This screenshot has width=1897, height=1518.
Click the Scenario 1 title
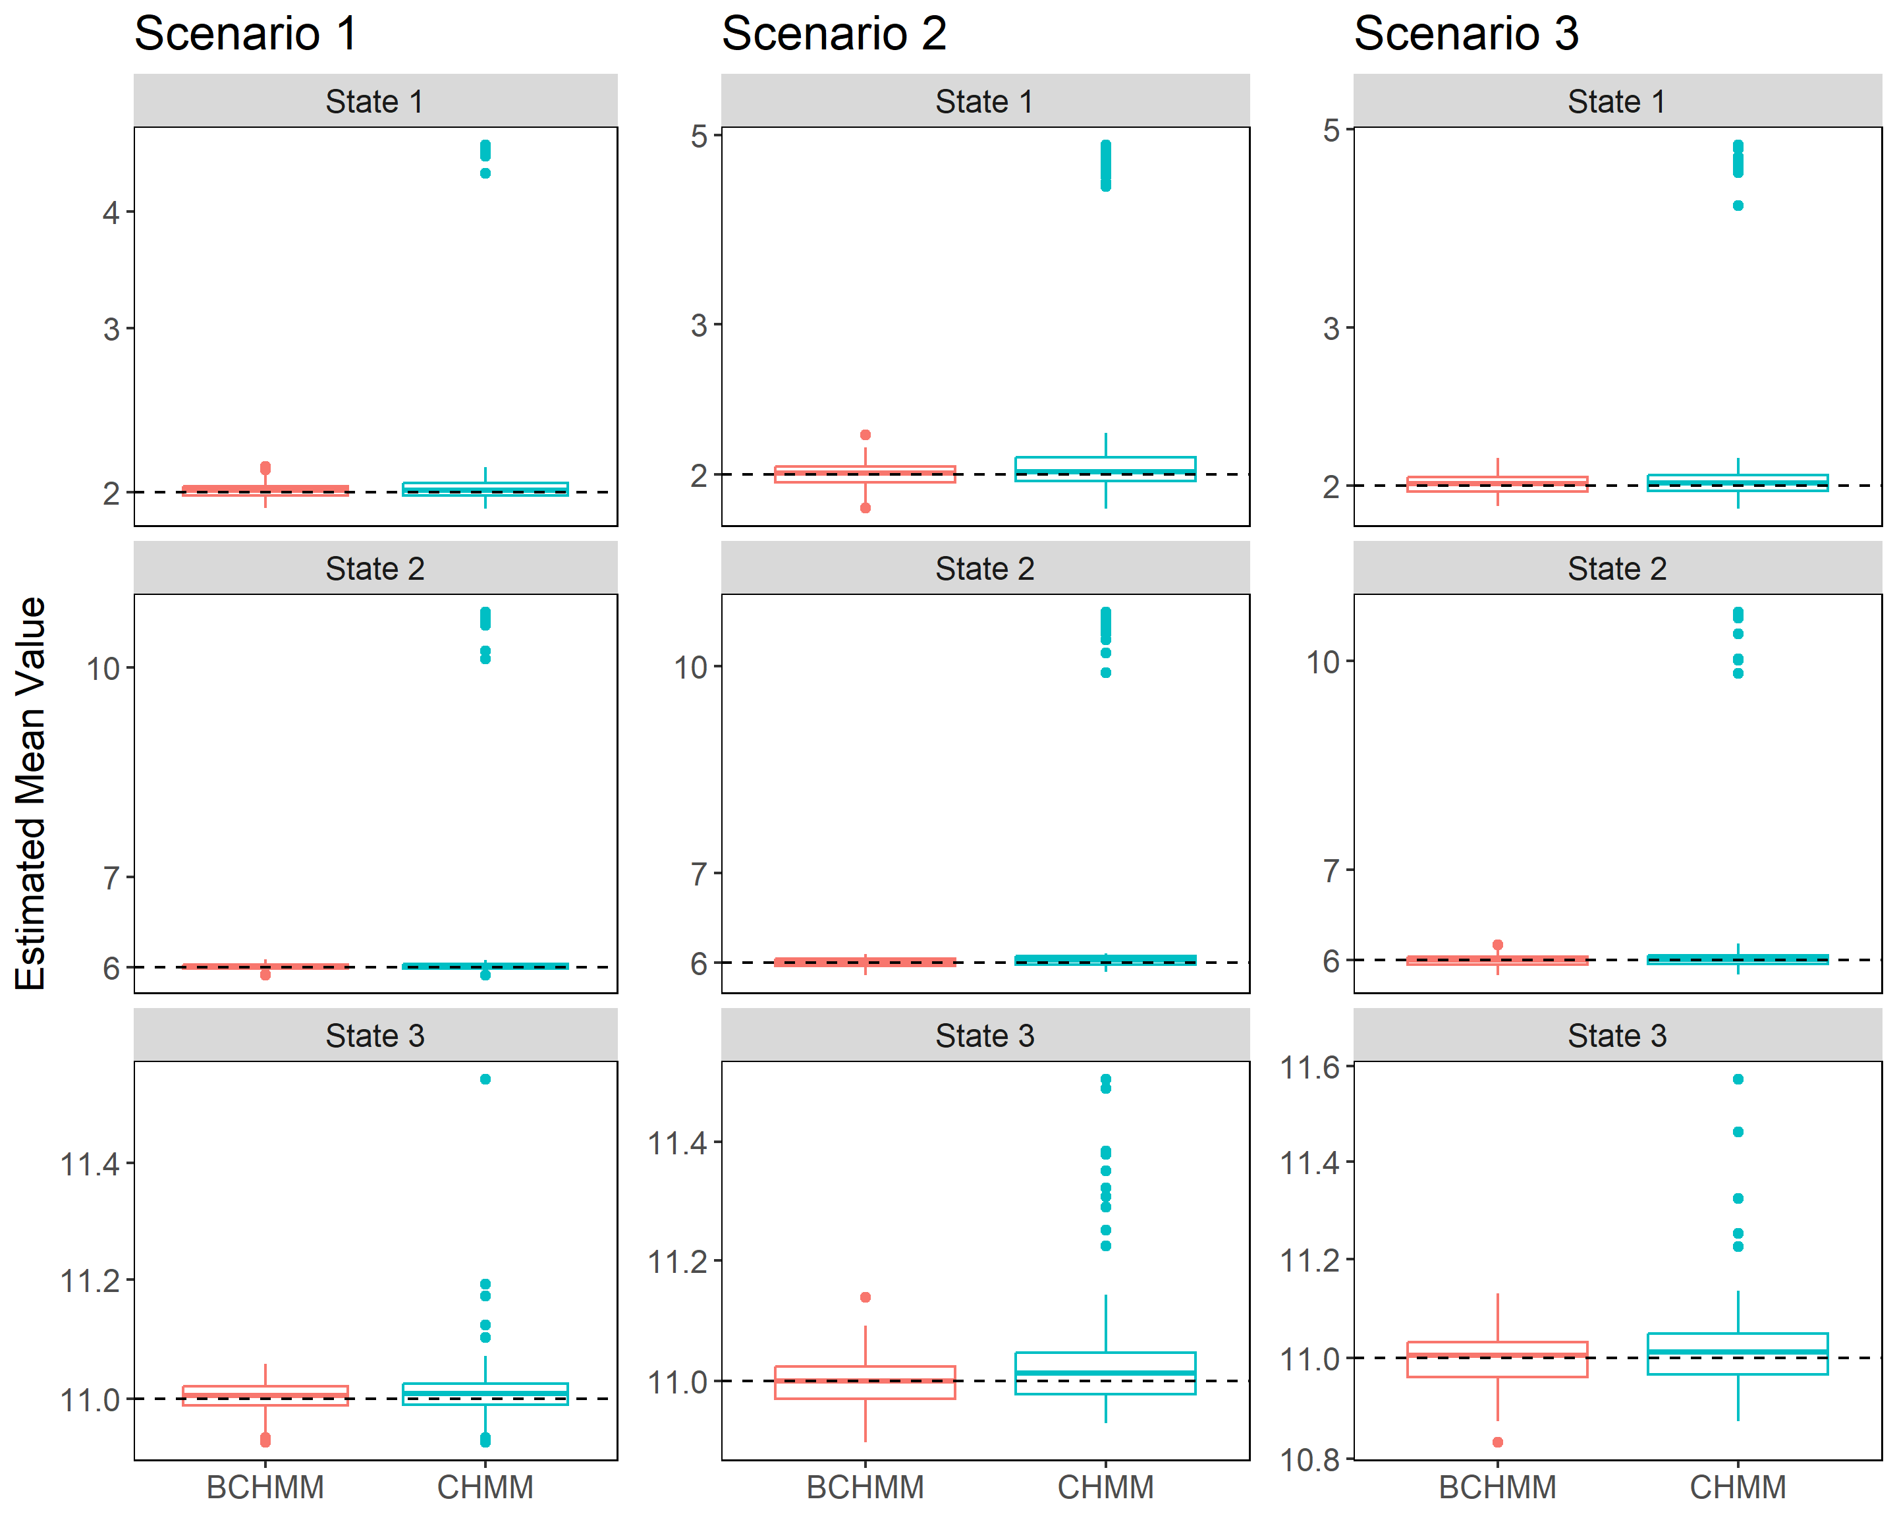pos(246,34)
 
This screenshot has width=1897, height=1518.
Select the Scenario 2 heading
pos(833,34)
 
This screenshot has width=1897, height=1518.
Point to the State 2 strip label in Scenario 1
pos(375,569)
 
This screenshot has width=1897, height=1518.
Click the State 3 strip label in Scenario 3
pos(1616,1036)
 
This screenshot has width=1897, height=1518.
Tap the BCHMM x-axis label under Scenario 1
pos(265,1487)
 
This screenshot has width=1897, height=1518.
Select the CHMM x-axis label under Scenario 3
pos(1738,1487)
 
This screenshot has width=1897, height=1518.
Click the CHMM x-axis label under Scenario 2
pos(1105,1487)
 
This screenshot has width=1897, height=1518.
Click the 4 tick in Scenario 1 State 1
pos(111,212)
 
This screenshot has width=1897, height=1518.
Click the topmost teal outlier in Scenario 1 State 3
pos(485,1079)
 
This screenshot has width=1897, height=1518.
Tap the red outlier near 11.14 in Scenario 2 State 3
pos(865,1297)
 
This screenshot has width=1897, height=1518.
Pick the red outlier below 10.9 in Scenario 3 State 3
pos(1498,1442)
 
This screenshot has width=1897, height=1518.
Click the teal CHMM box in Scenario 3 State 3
pos(1738,1353)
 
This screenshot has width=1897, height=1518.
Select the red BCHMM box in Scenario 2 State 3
pos(865,1382)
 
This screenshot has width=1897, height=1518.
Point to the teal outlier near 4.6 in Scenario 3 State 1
pos(1738,206)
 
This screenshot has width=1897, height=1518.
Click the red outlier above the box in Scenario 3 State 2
pos(1498,945)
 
